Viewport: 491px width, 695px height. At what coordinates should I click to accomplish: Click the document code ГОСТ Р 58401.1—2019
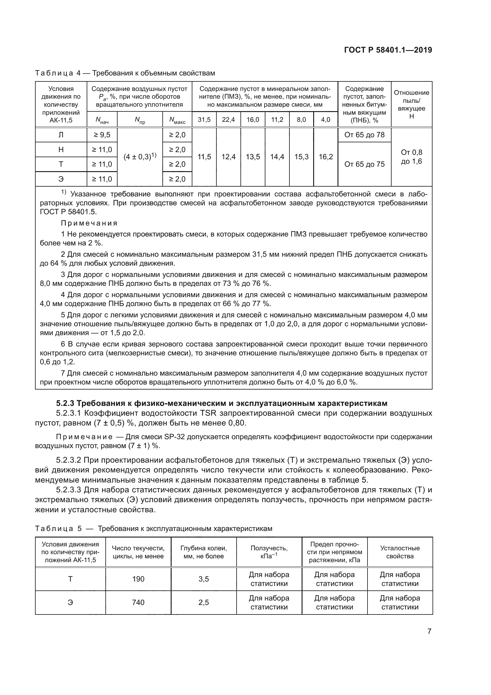388,50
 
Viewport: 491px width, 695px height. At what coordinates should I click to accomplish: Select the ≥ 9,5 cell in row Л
102,135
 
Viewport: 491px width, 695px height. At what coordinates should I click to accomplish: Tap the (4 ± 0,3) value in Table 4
140,157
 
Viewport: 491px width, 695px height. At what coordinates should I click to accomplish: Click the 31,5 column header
204,119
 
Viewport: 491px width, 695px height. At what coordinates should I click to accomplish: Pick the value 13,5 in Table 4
253,157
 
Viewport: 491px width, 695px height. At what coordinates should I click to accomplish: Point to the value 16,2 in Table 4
326,157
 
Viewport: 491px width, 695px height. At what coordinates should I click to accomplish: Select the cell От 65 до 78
364,135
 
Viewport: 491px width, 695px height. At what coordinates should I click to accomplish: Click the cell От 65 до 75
364,164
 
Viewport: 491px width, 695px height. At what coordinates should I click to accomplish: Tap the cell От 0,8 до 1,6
411,157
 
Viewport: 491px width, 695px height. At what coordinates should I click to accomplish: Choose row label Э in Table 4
61,179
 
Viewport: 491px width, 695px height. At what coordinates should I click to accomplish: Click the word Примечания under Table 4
89,223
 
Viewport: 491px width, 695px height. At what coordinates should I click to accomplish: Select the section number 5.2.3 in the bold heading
65,403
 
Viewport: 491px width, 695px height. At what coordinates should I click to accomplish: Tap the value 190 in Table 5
138,579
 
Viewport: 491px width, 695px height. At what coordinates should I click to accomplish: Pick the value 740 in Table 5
138,602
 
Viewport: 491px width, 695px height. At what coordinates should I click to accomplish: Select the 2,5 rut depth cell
203,602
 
